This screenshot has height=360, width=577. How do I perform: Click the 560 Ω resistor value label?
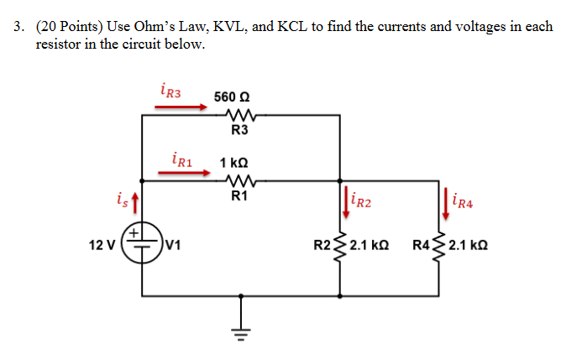click(231, 97)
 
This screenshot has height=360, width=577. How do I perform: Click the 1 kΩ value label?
click(233, 161)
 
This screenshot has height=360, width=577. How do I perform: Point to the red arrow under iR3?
click(182, 107)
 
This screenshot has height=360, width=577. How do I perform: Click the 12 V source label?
click(102, 246)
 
